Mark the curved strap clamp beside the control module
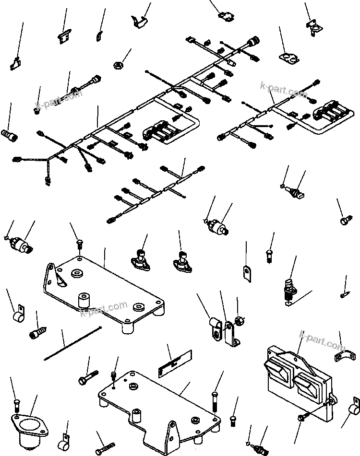tap(345, 356)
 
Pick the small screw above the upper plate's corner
tap(80, 245)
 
